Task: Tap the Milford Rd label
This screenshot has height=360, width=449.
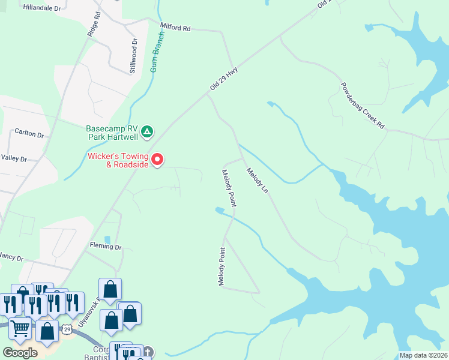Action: coord(175,28)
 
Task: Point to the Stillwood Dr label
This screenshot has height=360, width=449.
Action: coord(133,56)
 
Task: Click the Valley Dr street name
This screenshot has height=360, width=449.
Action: coord(14,159)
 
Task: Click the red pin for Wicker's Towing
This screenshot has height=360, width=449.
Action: coord(157,160)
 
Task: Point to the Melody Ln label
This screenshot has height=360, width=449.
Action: coord(257,181)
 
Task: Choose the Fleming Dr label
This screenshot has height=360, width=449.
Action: coord(106,247)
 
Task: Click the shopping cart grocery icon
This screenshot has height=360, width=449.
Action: coord(20,328)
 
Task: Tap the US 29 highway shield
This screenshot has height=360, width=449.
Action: coord(68,329)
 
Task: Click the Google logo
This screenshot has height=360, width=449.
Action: coord(20,353)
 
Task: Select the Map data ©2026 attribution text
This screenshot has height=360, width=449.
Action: coord(423,355)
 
